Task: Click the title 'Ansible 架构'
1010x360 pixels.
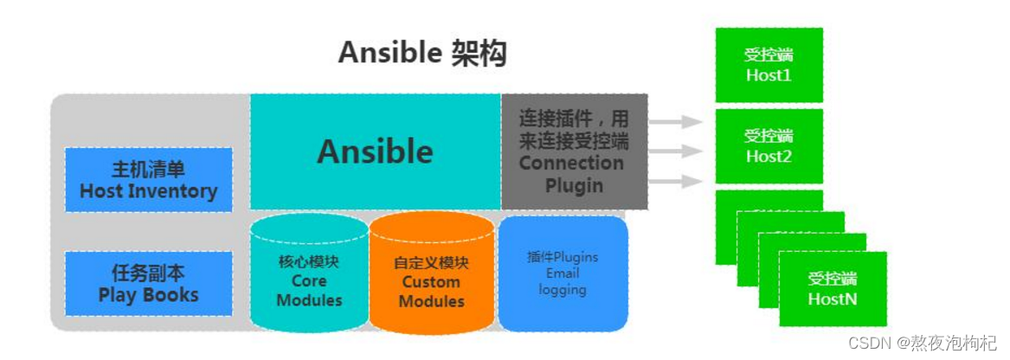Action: point(421,54)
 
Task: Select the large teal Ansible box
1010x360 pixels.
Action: point(375,151)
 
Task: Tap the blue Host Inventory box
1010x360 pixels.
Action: point(149,180)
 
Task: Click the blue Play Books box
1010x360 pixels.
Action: point(149,284)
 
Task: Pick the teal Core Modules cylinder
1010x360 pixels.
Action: point(308,275)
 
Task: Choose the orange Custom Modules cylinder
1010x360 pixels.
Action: point(431,275)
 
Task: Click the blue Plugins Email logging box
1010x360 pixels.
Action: point(563,273)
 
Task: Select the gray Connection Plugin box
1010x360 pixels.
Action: point(574,151)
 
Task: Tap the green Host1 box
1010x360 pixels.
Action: point(769,65)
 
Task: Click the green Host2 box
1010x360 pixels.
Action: point(769,146)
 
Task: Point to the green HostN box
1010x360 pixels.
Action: point(832,289)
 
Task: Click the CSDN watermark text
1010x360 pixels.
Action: point(922,344)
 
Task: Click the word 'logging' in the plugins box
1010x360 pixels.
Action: point(563,290)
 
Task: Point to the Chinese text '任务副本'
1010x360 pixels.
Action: point(149,273)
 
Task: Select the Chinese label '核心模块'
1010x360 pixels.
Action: point(308,262)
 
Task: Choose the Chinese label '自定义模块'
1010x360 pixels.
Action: point(431,262)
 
